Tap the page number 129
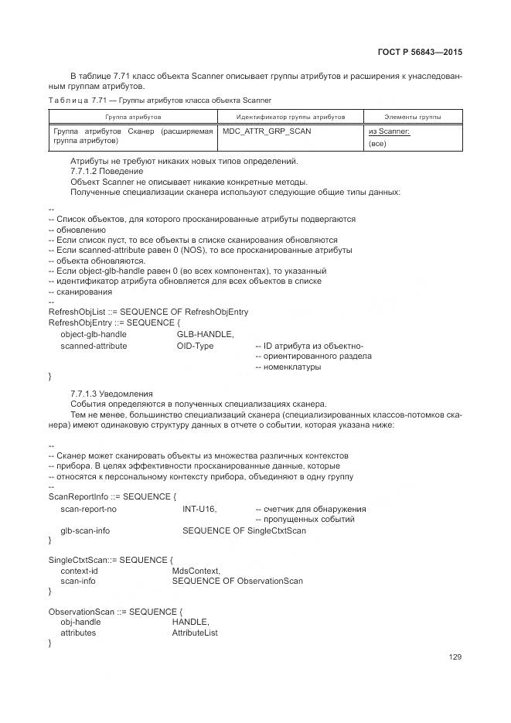(x=455, y=657)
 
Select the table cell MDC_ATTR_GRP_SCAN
(x=267, y=131)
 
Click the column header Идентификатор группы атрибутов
(x=291, y=116)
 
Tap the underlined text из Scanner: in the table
(x=389, y=131)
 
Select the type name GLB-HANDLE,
(x=205, y=334)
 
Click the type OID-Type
(x=195, y=346)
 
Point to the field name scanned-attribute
(x=94, y=346)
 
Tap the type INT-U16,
(x=199, y=509)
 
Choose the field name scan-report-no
(x=89, y=509)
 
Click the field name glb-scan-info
(x=85, y=530)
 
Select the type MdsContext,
(x=196, y=570)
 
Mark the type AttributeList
(x=195, y=632)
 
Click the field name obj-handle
(x=80, y=621)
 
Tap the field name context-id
(x=79, y=570)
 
